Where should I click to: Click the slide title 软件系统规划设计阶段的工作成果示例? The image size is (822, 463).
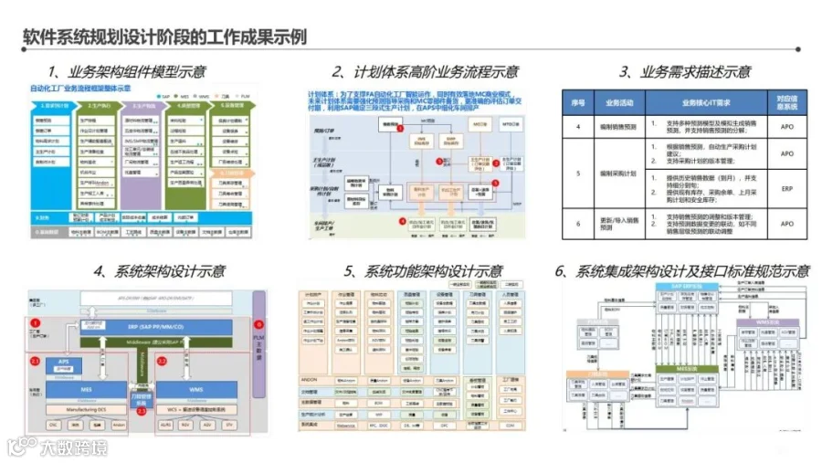[163, 37]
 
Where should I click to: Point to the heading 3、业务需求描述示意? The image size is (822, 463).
[684, 72]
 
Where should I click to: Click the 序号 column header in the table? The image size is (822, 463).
[577, 102]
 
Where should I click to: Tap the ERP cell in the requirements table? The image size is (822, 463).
[786, 190]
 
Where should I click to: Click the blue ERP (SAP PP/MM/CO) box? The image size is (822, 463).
[154, 328]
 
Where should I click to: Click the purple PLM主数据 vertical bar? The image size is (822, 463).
[259, 342]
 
